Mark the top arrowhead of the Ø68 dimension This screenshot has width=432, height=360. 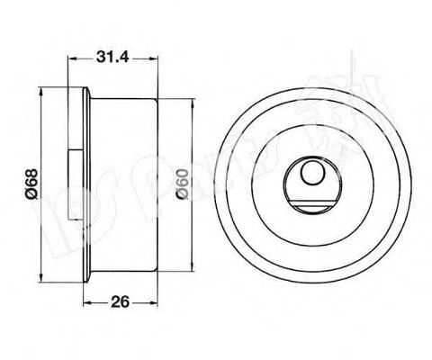click(x=42, y=92)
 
